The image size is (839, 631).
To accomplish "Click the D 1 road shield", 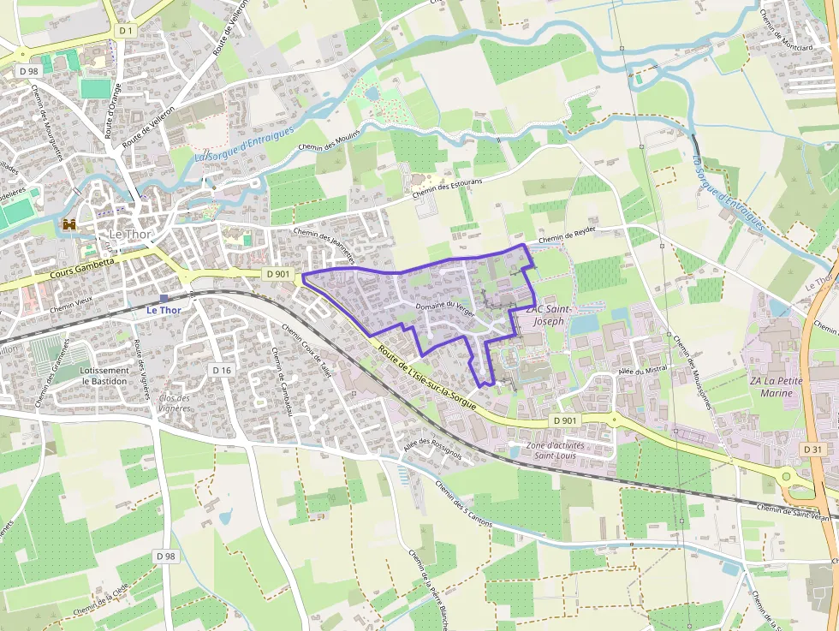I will coord(127,30).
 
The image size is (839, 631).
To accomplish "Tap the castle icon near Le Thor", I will coord(68,225).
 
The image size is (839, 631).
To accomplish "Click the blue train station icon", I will coord(164,298).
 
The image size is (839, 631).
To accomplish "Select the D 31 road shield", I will coord(813,449).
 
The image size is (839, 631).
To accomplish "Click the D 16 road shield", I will coord(222,370).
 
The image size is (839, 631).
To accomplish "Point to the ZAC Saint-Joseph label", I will coord(548,315).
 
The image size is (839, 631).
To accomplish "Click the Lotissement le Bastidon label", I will coord(104,376).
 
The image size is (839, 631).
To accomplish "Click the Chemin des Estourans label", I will coord(447,188).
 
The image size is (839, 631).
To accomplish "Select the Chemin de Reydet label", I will coord(566,234).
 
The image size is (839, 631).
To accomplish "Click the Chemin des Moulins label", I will coord(329,140).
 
